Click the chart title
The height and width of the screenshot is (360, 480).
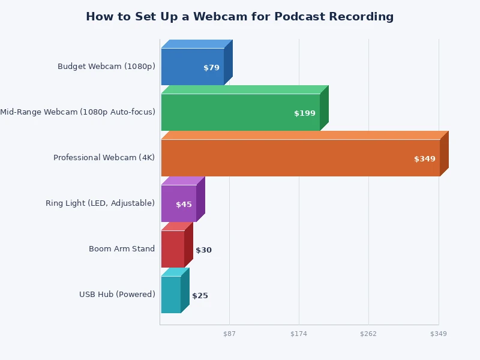(240, 17)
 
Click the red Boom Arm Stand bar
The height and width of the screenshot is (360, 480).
(173, 249)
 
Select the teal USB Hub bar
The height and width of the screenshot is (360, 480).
(171, 295)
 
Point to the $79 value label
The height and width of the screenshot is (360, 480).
(211, 68)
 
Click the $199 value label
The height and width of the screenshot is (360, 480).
(305, 113)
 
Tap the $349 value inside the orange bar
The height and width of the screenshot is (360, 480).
(425, 159)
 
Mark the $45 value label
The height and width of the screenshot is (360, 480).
(184, 205)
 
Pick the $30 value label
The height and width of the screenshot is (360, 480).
(203, 250)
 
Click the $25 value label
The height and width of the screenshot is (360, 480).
(200, 296)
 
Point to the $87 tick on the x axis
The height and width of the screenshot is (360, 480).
(229, 334)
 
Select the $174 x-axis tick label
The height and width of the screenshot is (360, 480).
(299, 334)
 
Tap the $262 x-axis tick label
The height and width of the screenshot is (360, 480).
(368, 334)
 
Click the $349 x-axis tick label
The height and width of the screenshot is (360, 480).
(439, 334)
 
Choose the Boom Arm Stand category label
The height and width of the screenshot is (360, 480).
(122, 249)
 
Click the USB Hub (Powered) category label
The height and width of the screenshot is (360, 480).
(117, 295)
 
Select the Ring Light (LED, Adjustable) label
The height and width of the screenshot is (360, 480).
(100, 203)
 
